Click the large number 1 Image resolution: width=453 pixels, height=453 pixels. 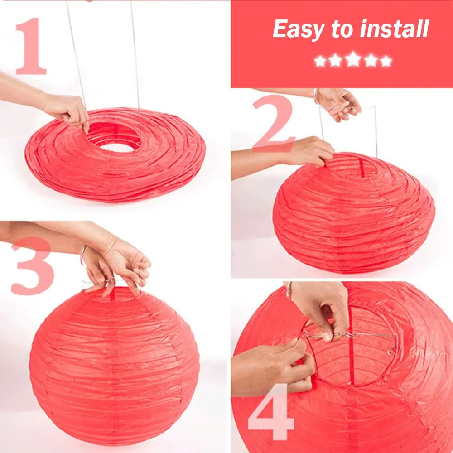(31, 46)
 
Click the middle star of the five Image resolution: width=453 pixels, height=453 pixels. (353, 60)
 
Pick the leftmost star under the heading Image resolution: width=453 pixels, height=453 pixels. (320, 61)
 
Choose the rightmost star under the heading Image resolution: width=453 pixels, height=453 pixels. (386, 61)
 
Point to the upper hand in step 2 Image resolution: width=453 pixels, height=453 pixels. (337, 103)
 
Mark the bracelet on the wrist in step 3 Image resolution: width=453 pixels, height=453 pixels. (82, 255)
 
